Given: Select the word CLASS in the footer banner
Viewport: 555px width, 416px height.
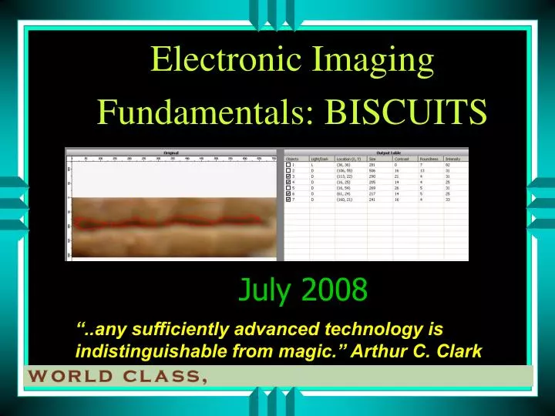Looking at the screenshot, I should (163, 377).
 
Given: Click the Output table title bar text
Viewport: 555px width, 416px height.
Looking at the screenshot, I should (375, 153).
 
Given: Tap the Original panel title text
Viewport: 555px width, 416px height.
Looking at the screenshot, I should (172, 153).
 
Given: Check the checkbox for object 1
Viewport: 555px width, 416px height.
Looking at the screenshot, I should (289, 165).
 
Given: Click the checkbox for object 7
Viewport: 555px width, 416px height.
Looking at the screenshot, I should (289, 200).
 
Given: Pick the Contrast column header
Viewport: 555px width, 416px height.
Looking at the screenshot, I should (402, 159).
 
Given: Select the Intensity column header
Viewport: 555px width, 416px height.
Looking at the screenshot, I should (453, 159).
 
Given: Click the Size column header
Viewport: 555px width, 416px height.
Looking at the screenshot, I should (373, 159).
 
